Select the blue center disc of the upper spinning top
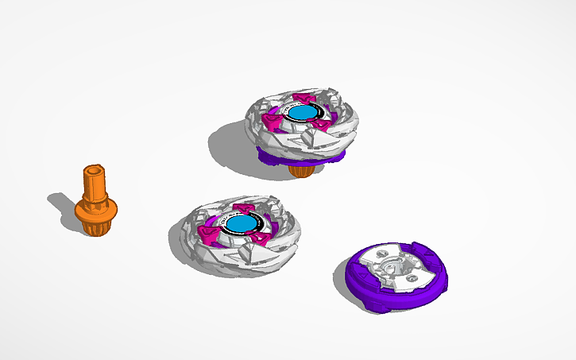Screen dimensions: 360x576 301,113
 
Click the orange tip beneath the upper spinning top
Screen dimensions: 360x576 301,170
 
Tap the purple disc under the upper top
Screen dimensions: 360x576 274,158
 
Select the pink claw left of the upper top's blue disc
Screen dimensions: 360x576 274,122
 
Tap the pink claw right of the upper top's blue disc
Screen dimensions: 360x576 320,125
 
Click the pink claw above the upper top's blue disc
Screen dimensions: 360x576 302,99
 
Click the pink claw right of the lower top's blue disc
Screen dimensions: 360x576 260,238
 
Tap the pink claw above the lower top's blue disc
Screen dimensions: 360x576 244,209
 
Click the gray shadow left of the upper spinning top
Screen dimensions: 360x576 226,147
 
